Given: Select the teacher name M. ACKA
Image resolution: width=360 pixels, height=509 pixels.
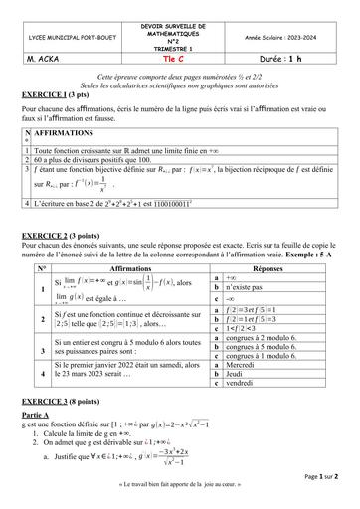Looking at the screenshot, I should pos(34,58).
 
